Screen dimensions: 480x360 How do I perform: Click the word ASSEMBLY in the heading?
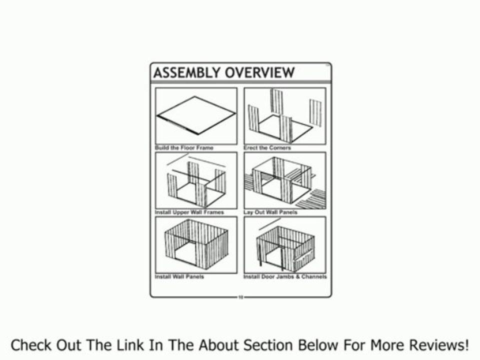coord(186,73)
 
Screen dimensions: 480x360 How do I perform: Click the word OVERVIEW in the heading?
coord(260,73)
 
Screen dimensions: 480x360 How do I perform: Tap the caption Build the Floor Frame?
coord(184,148)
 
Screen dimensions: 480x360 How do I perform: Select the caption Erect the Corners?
coord(267,148)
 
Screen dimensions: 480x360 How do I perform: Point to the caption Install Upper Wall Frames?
coord(189,212)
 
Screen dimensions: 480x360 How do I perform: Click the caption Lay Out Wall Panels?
coord(270,212)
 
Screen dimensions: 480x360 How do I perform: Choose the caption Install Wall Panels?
coord(179,276)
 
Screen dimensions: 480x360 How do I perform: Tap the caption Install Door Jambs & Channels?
coord(285,276)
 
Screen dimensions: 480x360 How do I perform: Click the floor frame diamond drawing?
coord(196,115)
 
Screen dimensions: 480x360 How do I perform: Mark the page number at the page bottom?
coord(240,297)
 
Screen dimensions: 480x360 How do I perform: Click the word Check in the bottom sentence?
coord(31,345)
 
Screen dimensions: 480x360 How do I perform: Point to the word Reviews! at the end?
coord(439,345)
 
